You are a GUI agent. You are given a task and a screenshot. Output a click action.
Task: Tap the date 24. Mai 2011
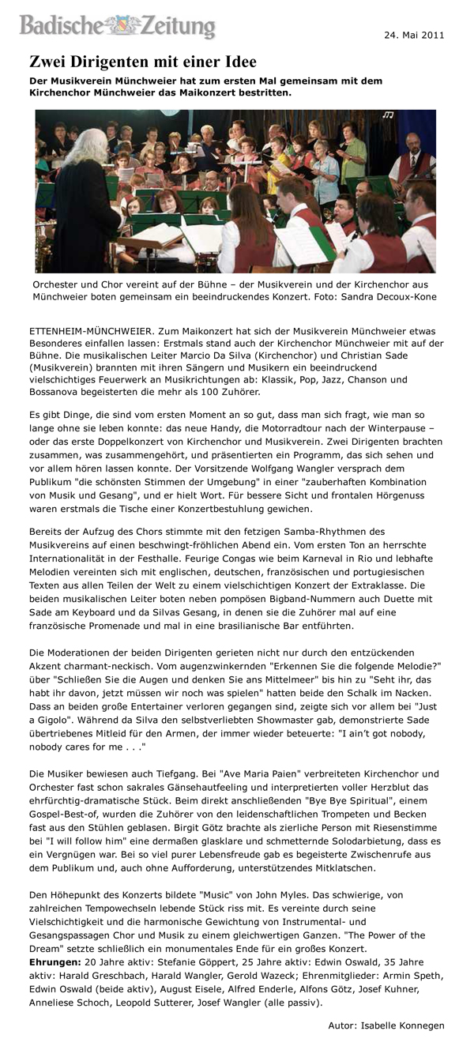415,36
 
